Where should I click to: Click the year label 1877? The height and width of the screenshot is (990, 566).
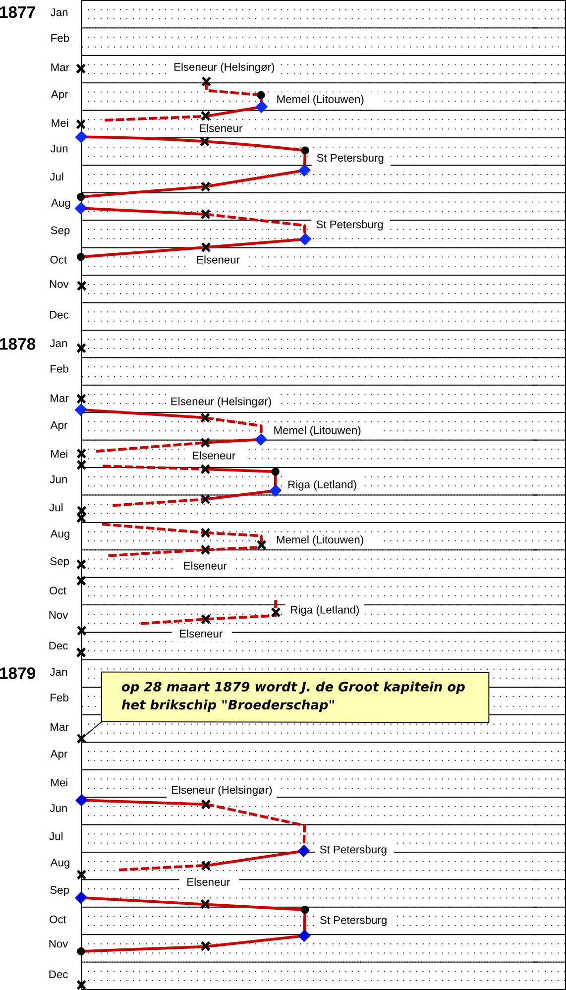(17, 12)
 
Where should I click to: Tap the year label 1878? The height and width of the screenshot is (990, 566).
(17, 344)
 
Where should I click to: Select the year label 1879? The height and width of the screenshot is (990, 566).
(17, 673)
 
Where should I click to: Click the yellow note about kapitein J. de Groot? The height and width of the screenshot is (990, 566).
(295, 697)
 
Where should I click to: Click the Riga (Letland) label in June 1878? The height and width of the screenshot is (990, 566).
(322, 485)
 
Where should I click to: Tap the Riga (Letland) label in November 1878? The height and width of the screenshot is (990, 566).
(325, 610)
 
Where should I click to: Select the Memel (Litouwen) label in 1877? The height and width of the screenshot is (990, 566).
(320, 99)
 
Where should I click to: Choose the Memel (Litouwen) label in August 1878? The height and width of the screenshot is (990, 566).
(320, 540)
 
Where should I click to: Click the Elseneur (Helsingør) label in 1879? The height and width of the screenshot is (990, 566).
(222, 790)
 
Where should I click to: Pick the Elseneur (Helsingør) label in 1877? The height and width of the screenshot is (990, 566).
(224, 67)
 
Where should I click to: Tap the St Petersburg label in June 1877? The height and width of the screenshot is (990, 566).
(350, 158)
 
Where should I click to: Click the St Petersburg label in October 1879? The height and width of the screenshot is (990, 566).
(353, 920)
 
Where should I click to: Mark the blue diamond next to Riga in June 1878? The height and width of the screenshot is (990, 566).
(276, 490)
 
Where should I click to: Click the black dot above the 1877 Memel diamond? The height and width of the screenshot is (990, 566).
(261, 95)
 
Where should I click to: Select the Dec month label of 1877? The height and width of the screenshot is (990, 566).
(59, 315)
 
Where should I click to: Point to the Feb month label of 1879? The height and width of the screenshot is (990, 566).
(59, 698)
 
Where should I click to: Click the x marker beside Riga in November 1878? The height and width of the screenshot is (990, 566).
(276, 613)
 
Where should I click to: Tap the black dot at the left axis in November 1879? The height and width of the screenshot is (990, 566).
(81, 951)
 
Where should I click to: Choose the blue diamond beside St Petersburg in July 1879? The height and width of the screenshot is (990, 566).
(304, 851)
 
